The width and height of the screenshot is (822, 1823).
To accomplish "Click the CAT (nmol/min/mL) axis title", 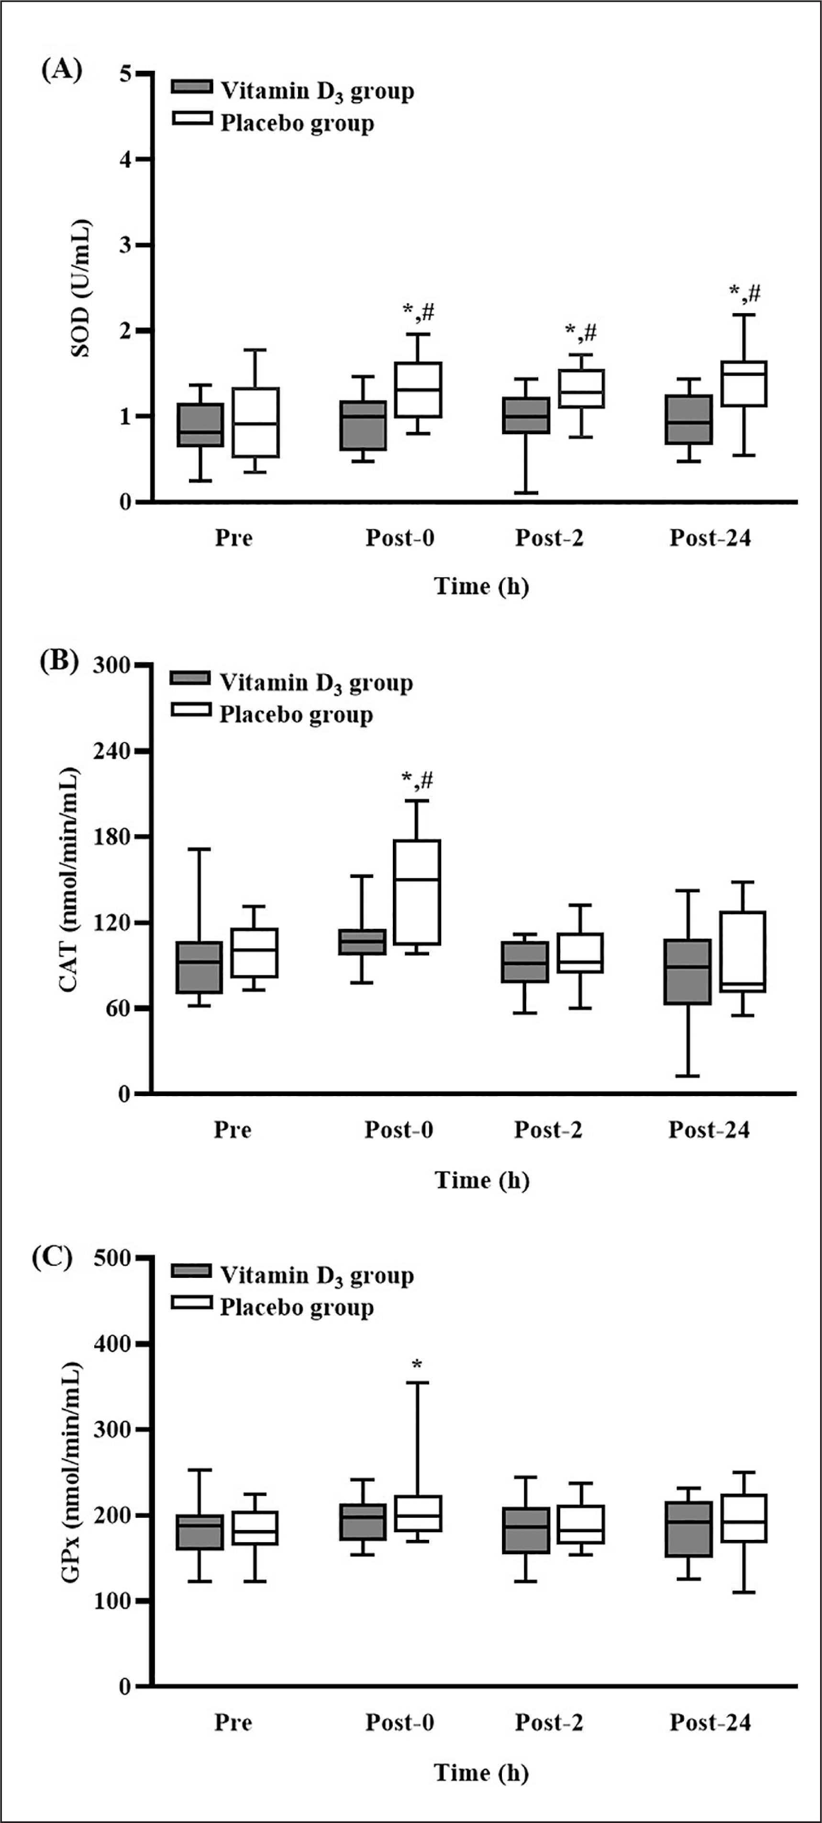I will click(69, 879).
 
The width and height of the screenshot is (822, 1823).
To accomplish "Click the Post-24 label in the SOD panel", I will click(710, 538).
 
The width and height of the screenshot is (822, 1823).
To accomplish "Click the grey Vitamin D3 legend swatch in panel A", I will click(192, 87).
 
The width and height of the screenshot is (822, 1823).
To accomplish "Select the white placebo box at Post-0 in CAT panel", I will click(417, 892).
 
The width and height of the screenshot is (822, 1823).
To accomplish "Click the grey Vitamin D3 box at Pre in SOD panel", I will click(200, 425).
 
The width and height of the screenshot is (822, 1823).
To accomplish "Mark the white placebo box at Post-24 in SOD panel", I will click(744, 384).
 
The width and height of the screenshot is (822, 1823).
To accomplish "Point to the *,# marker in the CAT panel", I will click(417, 780).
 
